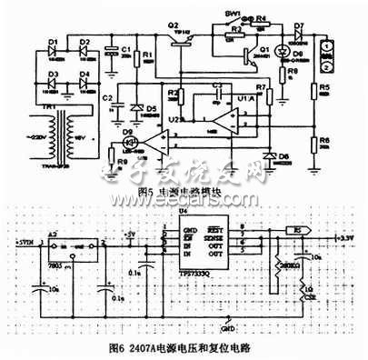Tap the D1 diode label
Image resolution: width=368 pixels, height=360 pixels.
[x=52, y=41]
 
